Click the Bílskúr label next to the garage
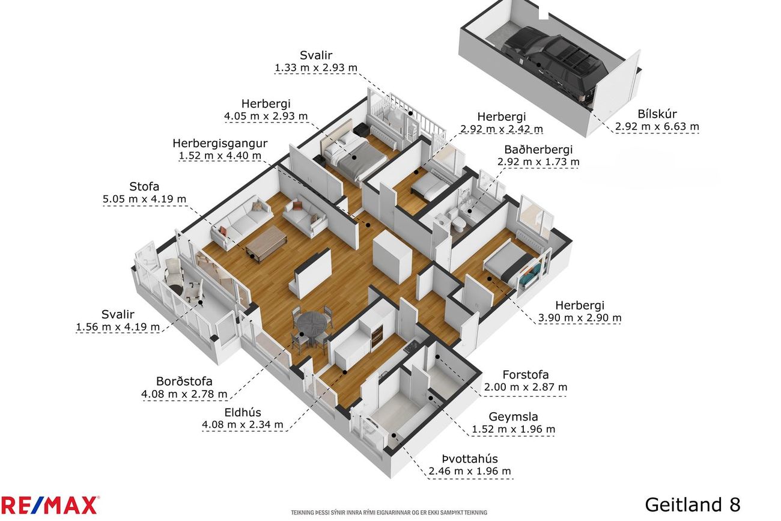pos(657,114)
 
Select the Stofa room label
pos(144,186)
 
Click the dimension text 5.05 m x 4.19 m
pos(144,199)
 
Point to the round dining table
pos(311,327)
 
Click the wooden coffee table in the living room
pos(266,243)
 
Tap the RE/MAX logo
pos(49,505)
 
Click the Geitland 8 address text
pos(693,505)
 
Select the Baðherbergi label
pos(538,150)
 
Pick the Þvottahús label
pos(470,459)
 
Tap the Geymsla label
pos(513,416)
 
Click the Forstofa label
pos(526,375)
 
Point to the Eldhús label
pos(243,413)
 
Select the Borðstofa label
pos(184,381)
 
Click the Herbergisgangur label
pos(220,144)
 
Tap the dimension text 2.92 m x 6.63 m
pos(657,127)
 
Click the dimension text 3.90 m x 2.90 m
pos(580,318)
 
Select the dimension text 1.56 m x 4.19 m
pos(118,327)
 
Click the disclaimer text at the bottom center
pos(389,513)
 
